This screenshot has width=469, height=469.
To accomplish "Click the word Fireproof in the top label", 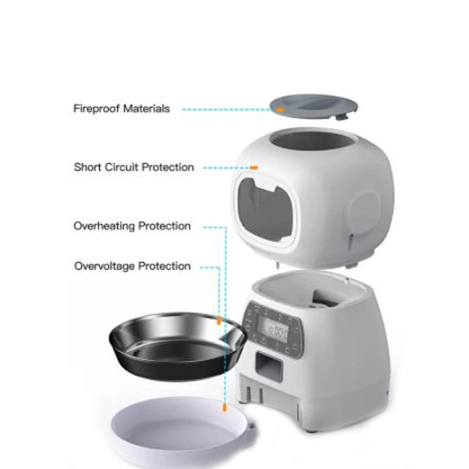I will [x=96, y=109].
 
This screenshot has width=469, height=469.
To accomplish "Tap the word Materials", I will [x=146, y=109].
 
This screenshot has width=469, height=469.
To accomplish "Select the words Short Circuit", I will [x=107, y=167].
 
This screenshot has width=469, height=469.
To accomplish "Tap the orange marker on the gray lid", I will [x=280, y=109].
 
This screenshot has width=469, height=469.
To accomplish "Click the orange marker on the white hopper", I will [x=254, y=167].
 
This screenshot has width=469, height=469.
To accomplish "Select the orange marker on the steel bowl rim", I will [x=219, y=321].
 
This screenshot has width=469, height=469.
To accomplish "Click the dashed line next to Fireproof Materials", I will [x=225, y=109].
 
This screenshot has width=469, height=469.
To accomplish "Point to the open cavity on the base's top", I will [x=310, y=293].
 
